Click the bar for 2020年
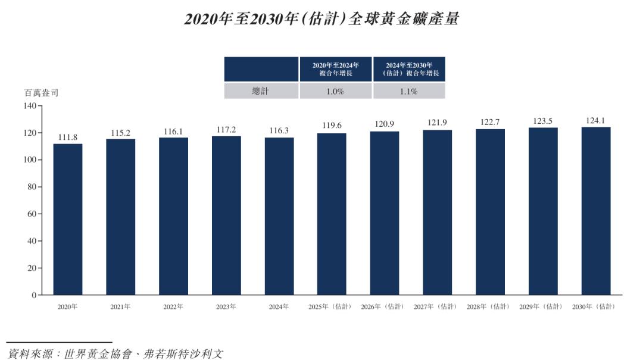[68, 219]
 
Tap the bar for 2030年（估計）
[596, 211]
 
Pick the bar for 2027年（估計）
[438, 212]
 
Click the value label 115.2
[120, 133]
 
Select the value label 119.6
[332, 126]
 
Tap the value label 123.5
[543, 121]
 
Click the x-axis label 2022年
[173, 307]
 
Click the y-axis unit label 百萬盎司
[41, 93]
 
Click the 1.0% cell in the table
[336, 92]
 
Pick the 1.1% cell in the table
[409, 92]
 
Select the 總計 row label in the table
[261, 91]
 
